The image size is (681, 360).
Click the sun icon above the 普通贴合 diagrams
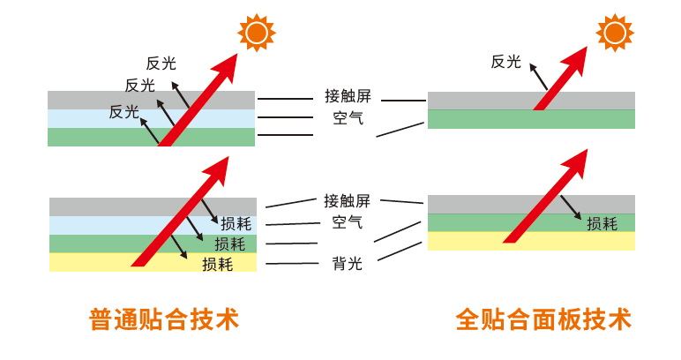click(256, 34)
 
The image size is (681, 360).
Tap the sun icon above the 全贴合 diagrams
click(614, 33)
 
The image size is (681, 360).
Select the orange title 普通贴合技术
click(164, 319)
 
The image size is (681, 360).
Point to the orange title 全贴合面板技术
click(543, 319)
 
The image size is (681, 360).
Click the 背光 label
click(347, 263)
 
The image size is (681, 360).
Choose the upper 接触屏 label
click(347, 95)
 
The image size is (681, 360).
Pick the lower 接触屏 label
click(347, 200)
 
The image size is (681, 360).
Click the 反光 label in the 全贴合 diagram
click(506, 62)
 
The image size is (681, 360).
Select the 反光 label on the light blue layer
click(124, 112)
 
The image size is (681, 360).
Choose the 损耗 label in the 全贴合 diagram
click(602, 223)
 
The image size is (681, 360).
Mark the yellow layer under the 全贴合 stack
click(531, 241)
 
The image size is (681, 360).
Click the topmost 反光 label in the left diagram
click(161, 63)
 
